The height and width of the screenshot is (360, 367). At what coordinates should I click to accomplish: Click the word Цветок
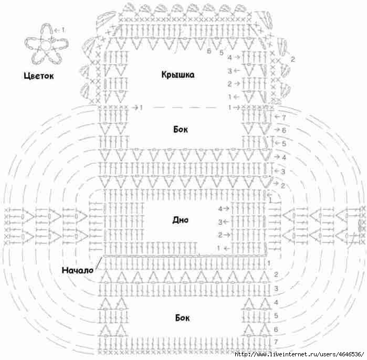coord(39,76)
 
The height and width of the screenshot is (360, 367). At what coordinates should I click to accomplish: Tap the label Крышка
coord(178,75)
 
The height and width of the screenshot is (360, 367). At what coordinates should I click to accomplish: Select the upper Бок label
coord(181,129)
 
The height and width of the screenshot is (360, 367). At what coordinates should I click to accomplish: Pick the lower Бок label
coord(182,317)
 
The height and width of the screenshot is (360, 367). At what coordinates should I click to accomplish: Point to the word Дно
coord(180,220)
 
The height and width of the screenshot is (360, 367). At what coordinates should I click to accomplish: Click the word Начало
coord(78,270)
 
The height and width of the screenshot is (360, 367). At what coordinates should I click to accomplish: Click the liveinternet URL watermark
coord(299,354)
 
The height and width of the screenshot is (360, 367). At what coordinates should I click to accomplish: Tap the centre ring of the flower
coord(47,45)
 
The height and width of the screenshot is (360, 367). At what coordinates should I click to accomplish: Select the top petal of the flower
coord(46,30)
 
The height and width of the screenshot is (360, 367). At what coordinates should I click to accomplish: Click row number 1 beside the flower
coord(62,30)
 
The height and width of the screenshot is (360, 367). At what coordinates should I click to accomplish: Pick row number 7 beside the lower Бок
coord(276,342)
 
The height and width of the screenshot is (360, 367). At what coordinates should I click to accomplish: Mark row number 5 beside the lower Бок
coord(276,315)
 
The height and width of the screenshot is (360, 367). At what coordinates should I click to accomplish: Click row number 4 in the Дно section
coord(220,208)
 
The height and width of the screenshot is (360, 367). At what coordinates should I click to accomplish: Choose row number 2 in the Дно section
coord(220,235)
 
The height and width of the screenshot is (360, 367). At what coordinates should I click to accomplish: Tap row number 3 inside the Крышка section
coord(230,71)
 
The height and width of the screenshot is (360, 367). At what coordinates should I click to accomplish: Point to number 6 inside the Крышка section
coord(209,51)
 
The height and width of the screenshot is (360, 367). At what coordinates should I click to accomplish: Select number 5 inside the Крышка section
coord(222,52)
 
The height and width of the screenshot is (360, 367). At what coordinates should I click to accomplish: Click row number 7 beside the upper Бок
coord(284,117)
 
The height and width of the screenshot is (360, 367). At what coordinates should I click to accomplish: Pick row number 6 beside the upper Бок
coord(284,130)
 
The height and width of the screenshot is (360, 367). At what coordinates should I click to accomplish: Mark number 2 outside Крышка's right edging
coord(293,59)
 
